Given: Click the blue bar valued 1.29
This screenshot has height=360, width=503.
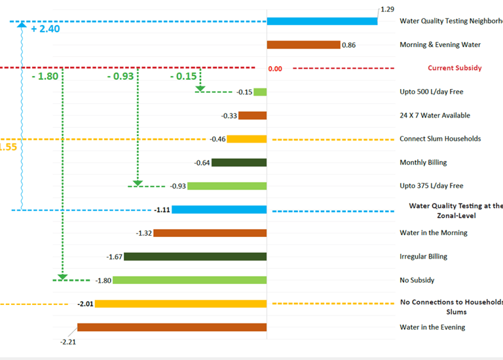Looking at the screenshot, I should (x=322, y=21).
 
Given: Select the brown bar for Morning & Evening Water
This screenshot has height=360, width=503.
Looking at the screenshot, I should (x=303, y=45).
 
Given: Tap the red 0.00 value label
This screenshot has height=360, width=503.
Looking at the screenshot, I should (x=275, y=68).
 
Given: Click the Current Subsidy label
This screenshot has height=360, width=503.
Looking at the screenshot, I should (x=455, y=68).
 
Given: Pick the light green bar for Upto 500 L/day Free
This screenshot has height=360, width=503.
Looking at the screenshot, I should (x=260, y=92).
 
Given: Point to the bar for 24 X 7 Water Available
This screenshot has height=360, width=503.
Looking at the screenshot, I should (x=252, y=115).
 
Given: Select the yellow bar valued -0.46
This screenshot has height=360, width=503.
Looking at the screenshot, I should (x=247, y=139).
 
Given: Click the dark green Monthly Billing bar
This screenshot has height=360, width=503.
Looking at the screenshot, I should (x=239, y=162).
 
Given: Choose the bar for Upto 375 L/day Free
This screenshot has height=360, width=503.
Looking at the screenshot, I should (x=227, y=186).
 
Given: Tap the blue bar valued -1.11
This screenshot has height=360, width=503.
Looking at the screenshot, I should (x=219, y=209).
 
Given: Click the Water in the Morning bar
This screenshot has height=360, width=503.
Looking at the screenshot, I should (x=210, y=233).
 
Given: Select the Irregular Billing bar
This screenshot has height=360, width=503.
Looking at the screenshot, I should (x=195, y=257).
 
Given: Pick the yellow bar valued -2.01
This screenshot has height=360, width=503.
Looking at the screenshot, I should (x=181, y=304).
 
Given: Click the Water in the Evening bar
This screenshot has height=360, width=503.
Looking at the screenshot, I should (x=172, y=327).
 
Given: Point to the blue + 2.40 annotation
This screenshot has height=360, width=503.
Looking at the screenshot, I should (x=45, y=30).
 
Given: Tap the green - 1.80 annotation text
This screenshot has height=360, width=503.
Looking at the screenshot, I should (x=45, y=77).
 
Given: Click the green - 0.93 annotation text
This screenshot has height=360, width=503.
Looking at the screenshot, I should (x=121, y=77).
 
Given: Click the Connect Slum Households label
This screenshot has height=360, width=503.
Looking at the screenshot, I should (x=440, y=139).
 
